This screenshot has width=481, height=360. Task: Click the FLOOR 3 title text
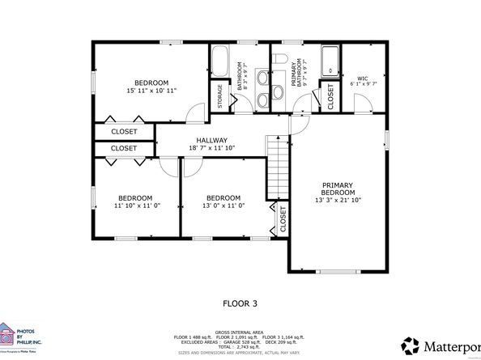(x=240, y=304)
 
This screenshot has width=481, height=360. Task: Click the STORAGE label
(x=220, y=97)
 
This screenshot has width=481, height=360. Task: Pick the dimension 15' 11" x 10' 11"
(x=151, y=91)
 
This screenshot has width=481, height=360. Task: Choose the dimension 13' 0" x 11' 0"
(x=223, y=206)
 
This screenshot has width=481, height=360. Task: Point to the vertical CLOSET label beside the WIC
(x=331, y=96)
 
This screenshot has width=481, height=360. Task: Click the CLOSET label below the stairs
(x=283, y=219)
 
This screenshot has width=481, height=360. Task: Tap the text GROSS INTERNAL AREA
(x=240, y=331)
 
